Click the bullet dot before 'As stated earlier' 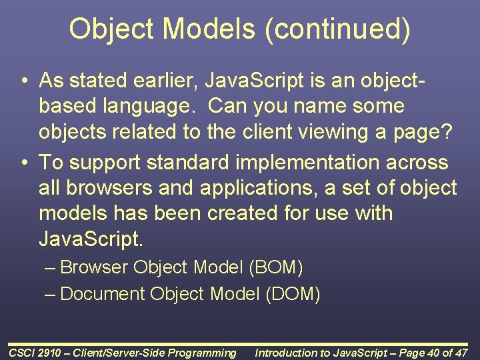(x=24, y=81)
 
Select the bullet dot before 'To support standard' (x=24, y=162)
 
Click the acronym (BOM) (x=276, y=267)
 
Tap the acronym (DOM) (x=293, y=293)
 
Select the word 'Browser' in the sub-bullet (x=94, y=267)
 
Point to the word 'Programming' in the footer (x=201, y=353)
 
